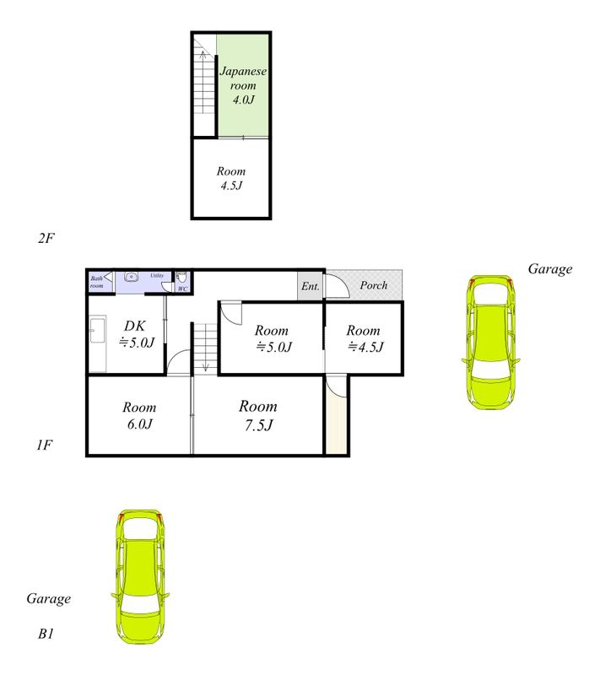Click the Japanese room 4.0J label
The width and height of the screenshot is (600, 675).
pyautogui.click(x=243, y=85)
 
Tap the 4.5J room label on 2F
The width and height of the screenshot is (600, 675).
pyautogui.click(x=231, y=178)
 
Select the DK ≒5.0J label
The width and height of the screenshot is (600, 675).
pyautogui.click(x=136, y=333)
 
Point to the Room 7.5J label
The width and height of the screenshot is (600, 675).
pyautogui.click(x=258, y=415)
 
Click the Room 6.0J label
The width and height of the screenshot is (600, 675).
pyautogui.click(x=139, y=415)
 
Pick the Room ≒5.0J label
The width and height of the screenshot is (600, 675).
pyautogui.click(x=273, y=338)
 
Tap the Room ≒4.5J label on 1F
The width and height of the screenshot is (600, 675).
pyautogui.click(x=365, y=338)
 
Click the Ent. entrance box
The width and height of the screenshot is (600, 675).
pyautogui.click(x=310, y=285)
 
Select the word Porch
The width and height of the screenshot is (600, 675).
pyautogui.click(x=374, y=285)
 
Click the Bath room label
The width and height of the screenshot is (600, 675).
pyautogui.click(x=97, y=282)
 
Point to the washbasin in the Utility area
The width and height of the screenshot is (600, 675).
pyautogui.click(x=131, y=277)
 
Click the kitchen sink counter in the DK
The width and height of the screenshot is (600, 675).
pyautogui.click(x=98, y=343)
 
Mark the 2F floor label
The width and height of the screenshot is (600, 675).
pyautogui.click(x=46, y=238)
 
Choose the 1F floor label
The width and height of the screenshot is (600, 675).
pyautogui.click(x=45, y=445)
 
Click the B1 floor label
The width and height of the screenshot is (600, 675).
pyautogui.click(x=46, y=634)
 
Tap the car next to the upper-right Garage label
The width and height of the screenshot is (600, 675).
pyautogui.click(x=490, y=343)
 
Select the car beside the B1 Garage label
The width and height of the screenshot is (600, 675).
pyautogui.click(x=140, y=577)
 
